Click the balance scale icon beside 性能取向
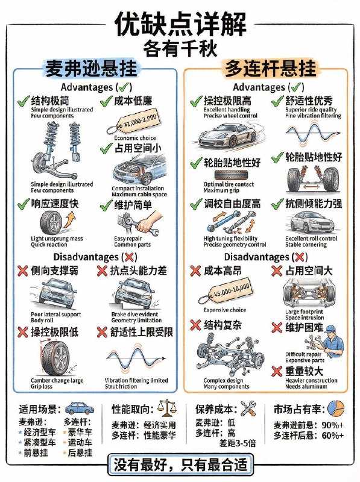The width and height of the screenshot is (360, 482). [165, 408]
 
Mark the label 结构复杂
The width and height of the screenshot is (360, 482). [221, 325]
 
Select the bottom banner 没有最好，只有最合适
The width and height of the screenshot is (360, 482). [180, 466]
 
